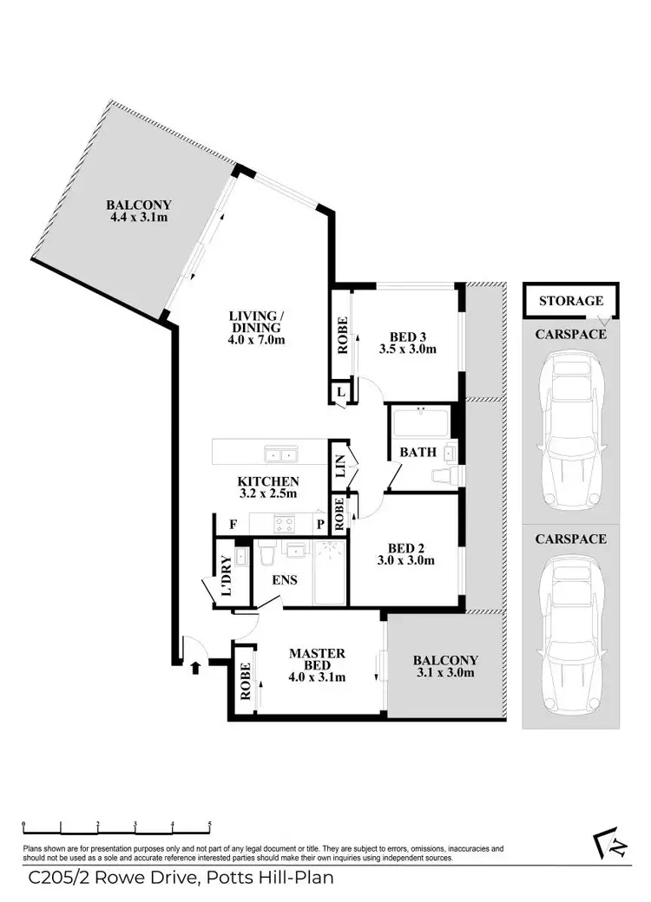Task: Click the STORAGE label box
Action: (570, 301)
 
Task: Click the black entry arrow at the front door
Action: (194, 666)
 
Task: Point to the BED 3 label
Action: (407, 343)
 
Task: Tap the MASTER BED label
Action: (317, 665)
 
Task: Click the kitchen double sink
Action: (280, 454)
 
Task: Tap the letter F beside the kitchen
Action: (233, 524)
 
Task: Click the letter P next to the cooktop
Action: (319, 524)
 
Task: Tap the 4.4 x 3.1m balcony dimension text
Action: (139, 218)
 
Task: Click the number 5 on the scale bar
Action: (209, 827)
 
